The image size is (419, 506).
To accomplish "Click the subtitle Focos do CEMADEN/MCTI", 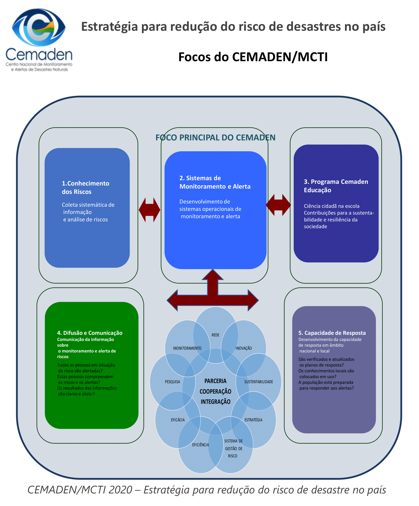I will click(x=253, y=57).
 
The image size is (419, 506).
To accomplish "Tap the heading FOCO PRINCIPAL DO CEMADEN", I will click(x=215, y=137).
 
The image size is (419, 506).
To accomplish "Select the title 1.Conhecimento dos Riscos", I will click(x=85, y=187).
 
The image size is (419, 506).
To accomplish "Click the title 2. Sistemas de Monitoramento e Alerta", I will click(x=215, y=182).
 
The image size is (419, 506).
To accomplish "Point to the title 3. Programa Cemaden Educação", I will click(x=336, y=186).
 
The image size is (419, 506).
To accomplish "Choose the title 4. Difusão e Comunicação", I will click(x=90, y=333).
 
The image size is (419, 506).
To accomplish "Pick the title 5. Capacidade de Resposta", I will click(x=332, y=333).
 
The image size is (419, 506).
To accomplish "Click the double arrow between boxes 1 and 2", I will click(x=149, y=210).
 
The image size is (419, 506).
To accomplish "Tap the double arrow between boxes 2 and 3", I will click(x=278, y=205).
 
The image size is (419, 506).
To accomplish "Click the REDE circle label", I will click(x=215, y=335).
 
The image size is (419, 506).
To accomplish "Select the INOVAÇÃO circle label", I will click(x=244, y=348).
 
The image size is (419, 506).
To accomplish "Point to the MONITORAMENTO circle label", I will click(x=187, y=348).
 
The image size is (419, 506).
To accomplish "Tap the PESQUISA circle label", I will click(x=172, y=382).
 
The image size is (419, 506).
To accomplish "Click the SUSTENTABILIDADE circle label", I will click(x=259, y=382).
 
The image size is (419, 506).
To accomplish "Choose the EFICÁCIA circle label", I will click(x=178, y=420).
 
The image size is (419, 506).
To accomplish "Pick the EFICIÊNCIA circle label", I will click(x=200, y=445).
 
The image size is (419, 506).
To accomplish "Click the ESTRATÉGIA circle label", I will click(x=253, y=420).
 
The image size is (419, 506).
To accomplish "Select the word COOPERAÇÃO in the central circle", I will click(x=215, y=391).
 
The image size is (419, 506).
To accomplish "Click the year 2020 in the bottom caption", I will click(x=120, y=490).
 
